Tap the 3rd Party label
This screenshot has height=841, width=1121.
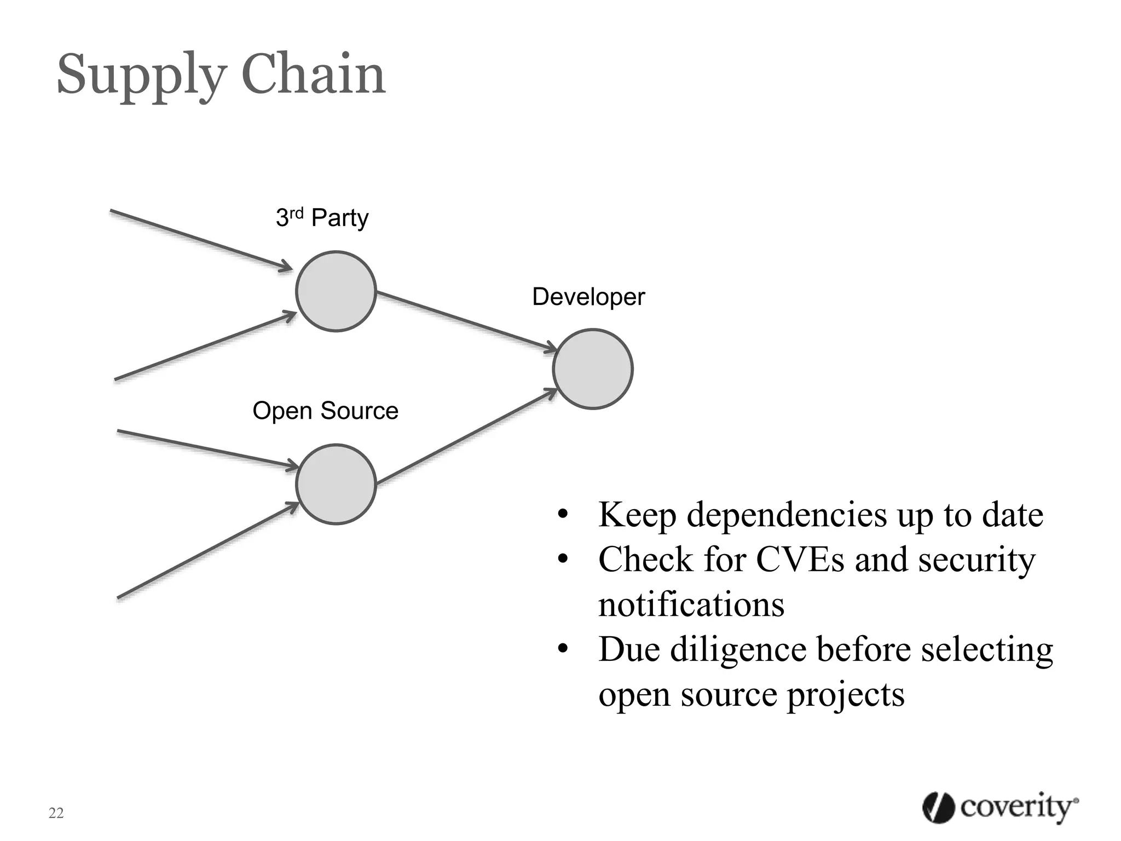pos(322,217)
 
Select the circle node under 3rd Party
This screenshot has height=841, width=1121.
pos(336,291)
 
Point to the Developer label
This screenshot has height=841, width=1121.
pos(588,297)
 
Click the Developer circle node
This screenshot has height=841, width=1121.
pos(593,369)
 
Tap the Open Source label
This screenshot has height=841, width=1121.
pos(325,411)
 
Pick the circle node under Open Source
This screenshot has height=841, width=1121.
pos(336,485)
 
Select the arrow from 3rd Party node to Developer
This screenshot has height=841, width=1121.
pos(465,320)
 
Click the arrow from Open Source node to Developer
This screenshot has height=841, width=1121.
pos(465,437)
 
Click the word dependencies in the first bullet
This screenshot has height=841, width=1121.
pos(787,515)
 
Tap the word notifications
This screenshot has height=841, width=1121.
pos(691,604)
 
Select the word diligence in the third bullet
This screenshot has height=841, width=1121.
pos(738,649)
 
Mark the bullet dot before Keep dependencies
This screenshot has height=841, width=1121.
pos(563,515)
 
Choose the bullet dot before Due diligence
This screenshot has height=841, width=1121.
pos(563,650)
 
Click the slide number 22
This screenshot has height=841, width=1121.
pos(56,813)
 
